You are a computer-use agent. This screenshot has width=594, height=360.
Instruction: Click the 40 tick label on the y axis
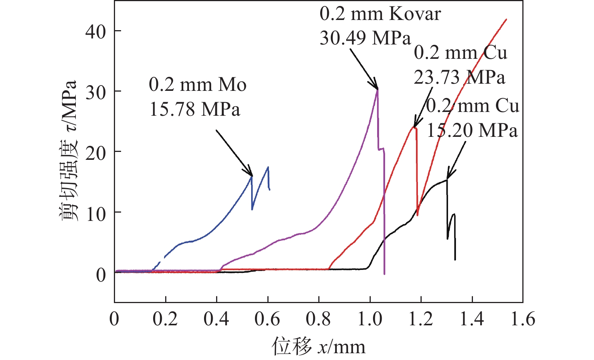(x=95, y=31)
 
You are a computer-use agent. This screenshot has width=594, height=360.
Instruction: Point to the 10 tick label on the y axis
(x=95, y=214)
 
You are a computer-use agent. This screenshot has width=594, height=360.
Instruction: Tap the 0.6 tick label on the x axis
(x=267, y=319)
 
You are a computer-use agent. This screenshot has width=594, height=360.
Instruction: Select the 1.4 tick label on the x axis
(x=472, y=319)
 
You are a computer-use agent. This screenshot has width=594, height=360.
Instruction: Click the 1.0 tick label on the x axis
(x=370, y=319)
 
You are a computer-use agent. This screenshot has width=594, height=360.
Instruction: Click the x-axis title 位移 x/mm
(x=319, y=346)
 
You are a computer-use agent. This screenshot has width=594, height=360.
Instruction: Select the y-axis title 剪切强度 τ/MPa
(x=69, y=151)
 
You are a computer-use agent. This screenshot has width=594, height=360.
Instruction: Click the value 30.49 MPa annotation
(x=365, y=38)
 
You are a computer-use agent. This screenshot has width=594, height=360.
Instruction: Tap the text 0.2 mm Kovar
(x=380, y=14)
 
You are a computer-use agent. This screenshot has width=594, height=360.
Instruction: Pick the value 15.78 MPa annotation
(x=195, y=109)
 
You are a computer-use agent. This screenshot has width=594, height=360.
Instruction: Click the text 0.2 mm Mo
(x=198, y=84)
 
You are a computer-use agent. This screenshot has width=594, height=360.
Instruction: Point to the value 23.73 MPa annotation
(x=459, y=77)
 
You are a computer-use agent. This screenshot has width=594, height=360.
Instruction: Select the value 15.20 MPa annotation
(x=472, y=130)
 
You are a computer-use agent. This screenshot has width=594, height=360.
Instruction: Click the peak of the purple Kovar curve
(x=378, y=89)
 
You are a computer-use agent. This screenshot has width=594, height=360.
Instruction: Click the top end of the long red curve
(x=506, y=19)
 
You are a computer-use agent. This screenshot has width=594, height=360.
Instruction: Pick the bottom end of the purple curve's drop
(x=384, y=274)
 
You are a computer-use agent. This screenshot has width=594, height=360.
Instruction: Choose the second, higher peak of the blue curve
(x=268, y=167)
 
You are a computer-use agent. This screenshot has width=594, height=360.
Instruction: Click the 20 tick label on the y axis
(x=95, y=153)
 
